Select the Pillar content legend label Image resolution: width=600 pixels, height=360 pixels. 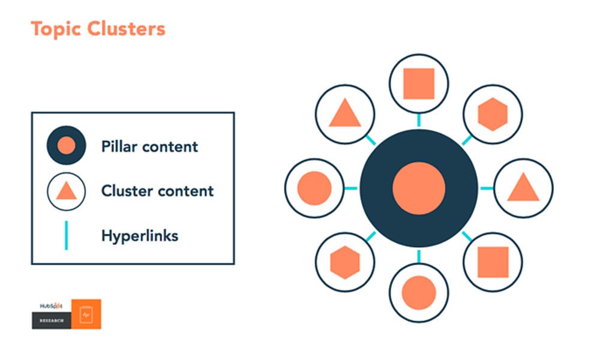149,146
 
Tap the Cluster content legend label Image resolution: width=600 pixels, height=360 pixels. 157,191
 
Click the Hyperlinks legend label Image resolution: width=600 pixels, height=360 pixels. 140,236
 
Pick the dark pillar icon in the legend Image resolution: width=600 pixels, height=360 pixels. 65,145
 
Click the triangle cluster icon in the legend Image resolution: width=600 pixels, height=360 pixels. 65,191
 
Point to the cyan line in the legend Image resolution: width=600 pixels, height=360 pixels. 65,235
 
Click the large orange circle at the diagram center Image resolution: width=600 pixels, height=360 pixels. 419,188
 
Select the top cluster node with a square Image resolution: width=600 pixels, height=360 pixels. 419,83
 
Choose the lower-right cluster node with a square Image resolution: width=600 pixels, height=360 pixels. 493,262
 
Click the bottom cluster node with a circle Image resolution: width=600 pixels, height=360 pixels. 419,292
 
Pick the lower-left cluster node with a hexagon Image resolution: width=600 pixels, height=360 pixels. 344,262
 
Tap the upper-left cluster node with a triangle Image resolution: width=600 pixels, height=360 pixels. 344,113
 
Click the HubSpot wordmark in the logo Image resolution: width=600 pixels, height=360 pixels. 51,305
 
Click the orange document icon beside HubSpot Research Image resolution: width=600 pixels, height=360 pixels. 86,314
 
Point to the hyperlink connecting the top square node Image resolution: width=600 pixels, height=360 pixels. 419,120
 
